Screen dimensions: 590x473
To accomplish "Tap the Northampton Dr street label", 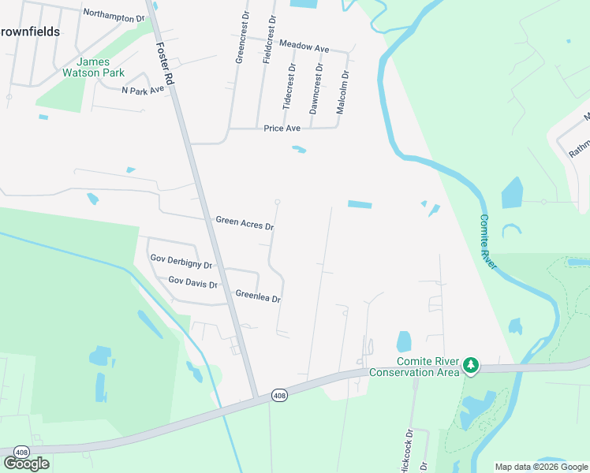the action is tap(114, 15).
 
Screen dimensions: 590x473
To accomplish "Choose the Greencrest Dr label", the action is tap(241, 39).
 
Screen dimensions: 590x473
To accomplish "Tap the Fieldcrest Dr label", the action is tap(269, 39).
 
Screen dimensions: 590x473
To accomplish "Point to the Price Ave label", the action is tap(282, 128).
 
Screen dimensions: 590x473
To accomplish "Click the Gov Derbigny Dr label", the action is tap(181, 262).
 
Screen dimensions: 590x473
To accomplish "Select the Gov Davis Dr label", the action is tap(192, 282).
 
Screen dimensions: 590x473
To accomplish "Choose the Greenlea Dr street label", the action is tap(258, 296).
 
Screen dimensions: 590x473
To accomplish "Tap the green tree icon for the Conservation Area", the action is tap(471, 365).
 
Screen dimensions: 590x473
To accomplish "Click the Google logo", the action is tap(26, 464).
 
